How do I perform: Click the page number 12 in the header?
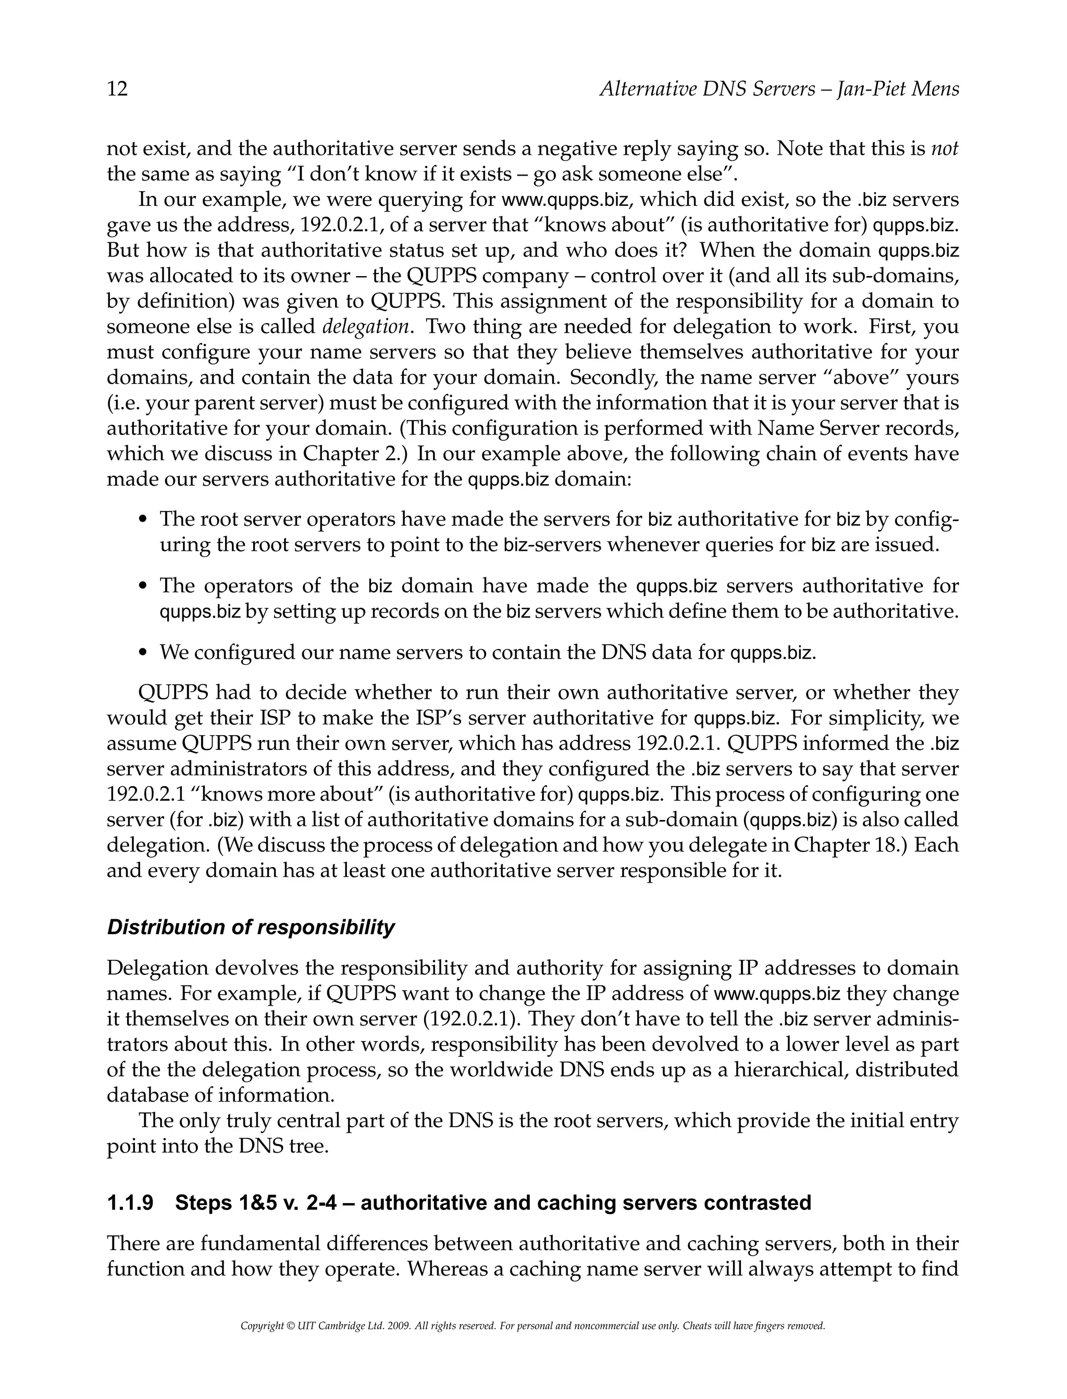[x=118, y=89]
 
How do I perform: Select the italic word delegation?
[x=366, y=327]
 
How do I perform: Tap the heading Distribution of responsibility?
[x=251, y=927]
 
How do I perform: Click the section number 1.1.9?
[x=130, y=1203]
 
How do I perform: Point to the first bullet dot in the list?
[x=143, y=520]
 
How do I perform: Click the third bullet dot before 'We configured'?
[x=143, y=653]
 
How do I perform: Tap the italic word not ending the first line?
[x=945, y=148]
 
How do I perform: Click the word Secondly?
[x=608, y=378]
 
